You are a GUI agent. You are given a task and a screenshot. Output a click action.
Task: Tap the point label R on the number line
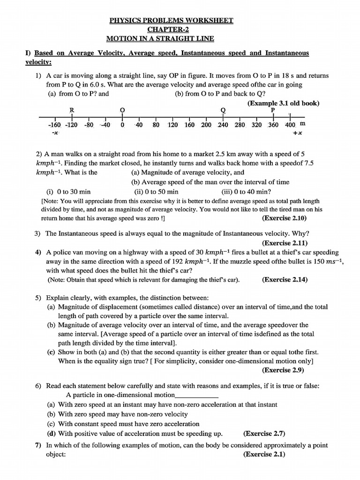[x=72, y=110]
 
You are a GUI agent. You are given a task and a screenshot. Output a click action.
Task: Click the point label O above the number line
[x=122, y=110]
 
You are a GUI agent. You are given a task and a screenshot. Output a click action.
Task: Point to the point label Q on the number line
[x=223, y=110]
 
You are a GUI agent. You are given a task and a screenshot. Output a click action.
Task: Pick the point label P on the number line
[x=273, y=109]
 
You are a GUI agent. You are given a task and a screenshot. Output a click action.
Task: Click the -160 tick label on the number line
[x=55, y=125]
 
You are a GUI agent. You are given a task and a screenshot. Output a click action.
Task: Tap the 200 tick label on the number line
[x=206, y=125]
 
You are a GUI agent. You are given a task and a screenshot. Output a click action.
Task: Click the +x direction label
[x=297, y=134]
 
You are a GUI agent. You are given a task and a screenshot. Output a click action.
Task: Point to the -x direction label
[x=55, y=134]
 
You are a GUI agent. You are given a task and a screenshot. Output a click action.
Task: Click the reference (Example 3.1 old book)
[x=279, y=102]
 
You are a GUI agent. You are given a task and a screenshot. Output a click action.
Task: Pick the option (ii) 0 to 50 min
[x=156, y=192]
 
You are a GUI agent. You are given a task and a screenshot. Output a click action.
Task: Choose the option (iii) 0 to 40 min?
[x=246, y=192]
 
